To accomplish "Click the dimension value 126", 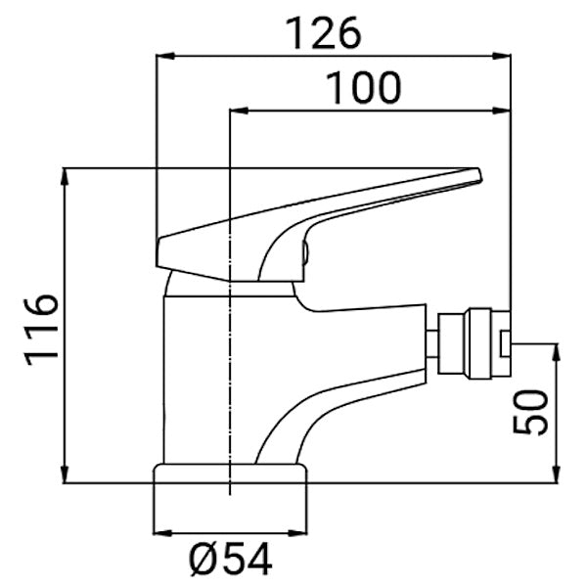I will tap(324, 34).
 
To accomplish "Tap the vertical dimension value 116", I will tap(41, 328).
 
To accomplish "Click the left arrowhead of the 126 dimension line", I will tap(163, 56).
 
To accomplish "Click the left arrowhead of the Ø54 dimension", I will tap(160, 532).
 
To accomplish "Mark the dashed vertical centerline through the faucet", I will tap(228, 391).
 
